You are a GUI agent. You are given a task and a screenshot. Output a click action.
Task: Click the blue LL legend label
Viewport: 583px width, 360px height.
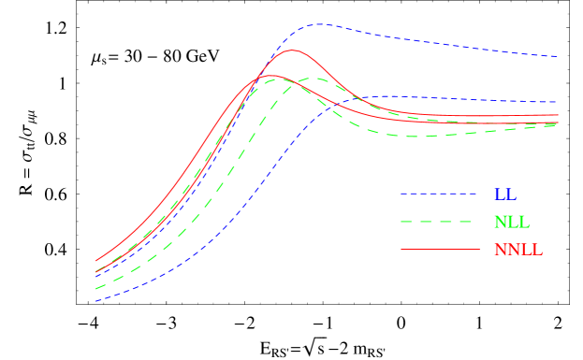pos(504,194)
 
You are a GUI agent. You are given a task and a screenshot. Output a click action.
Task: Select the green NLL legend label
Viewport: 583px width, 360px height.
pos(511,223)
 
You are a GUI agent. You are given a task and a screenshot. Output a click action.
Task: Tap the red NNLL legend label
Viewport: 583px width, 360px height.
pos(517,251)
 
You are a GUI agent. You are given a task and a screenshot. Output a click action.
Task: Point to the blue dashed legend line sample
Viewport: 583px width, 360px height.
pos(439,194)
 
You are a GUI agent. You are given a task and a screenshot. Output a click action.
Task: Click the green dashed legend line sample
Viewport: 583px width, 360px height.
pos(439,222)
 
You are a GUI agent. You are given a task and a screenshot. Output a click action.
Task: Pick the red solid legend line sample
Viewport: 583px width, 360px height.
pos(439,250)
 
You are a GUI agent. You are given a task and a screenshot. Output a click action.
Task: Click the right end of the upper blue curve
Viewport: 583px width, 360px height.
pos(559,57)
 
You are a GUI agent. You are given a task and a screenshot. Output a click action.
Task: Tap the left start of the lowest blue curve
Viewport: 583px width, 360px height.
pos(95,301)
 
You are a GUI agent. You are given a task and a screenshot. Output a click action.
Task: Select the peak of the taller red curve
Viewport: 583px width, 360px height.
pos(292,50)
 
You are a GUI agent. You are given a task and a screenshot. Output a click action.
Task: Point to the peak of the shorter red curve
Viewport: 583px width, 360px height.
pos(270,75)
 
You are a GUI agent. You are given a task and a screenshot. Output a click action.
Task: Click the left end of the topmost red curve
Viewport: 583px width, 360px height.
pos(95,261)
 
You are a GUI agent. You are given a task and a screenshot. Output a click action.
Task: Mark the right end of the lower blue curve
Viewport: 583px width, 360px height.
pos(558,102)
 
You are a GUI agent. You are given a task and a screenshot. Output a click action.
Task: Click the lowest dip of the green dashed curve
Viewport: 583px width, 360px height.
pos(412,137)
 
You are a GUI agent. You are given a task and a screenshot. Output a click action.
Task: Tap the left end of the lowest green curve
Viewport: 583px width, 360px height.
pos(95,289)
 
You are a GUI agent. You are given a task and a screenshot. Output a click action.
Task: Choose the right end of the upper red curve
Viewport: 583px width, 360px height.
pos(559,115)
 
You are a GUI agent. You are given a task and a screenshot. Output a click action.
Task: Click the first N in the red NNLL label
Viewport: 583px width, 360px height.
pos(500,251)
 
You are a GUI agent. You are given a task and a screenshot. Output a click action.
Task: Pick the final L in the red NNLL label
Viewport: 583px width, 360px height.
pos(536,251)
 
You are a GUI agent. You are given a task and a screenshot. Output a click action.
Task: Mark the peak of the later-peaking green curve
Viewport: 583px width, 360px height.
pos(316,79)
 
